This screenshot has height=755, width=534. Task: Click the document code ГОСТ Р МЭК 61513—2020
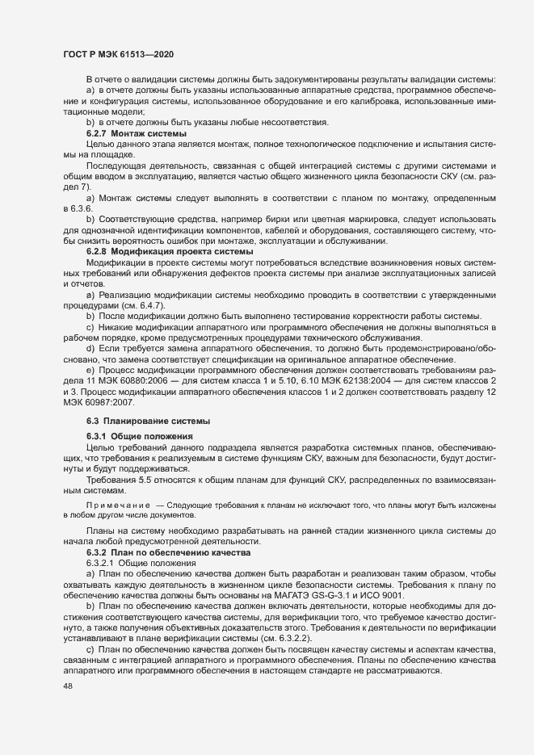tap(118, 53)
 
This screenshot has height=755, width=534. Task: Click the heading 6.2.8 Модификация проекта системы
tap(170, 252)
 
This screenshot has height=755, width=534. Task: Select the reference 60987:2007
tap(113, 401)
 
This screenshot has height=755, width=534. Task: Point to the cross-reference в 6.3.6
tap(78, 208)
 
